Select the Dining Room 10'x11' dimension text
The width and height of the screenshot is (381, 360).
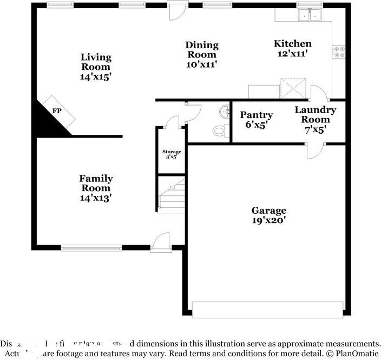pyautogui.click(x=201, y=64)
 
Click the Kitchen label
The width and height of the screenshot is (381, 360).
pyautogui.click(x=292, y=44)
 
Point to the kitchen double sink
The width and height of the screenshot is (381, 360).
pyautogui.click(x=310, y=16)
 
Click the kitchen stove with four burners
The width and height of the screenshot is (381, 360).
pyautogui.click(x=340, y=52)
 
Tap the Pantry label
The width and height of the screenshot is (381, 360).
pyautogui.click(x=256, y=115)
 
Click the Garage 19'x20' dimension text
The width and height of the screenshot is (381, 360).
pyautogui.click(x=268, y=220)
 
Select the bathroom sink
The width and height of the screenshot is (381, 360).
pyautogui.click(x=225, y=112)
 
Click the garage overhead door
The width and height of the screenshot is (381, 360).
pyautogui.click(x=267, y=310)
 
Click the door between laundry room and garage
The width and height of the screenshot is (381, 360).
pyautogui.click(x=315, y=150)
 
